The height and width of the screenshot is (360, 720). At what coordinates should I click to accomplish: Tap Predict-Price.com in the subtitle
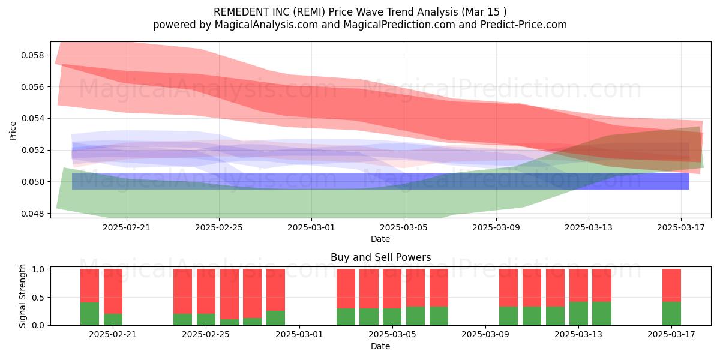(524, 25)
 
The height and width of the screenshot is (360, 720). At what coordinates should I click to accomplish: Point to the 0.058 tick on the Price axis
(32, 55)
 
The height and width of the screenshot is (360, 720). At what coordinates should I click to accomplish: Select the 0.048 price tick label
(32, 214)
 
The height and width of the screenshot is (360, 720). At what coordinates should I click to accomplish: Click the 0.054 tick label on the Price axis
(32, 119)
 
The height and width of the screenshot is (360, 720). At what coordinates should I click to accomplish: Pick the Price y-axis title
(13, 131)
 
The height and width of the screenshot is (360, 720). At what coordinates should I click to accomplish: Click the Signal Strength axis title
(22, 296)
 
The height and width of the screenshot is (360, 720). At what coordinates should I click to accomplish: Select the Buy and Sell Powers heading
(380, 257)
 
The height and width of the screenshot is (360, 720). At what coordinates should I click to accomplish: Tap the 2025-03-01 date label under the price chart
(311, 227)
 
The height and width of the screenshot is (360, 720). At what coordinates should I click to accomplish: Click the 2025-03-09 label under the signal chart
(485, 335)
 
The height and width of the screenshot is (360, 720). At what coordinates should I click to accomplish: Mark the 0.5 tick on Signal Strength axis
(38, 298)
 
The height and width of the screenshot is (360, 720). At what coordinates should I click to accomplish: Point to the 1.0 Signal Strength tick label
(38, 269)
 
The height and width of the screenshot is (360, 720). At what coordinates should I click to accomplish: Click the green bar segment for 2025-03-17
(672, 314)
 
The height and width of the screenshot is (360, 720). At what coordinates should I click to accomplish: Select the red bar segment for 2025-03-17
(672, 286)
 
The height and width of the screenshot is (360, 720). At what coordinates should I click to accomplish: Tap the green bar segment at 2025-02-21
(113, 319)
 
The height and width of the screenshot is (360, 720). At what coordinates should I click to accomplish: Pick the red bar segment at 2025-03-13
(578, 286)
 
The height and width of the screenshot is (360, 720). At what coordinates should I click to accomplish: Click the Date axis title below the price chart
(380, 239)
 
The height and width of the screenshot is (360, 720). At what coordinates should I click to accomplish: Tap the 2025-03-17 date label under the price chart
(681, 227)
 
